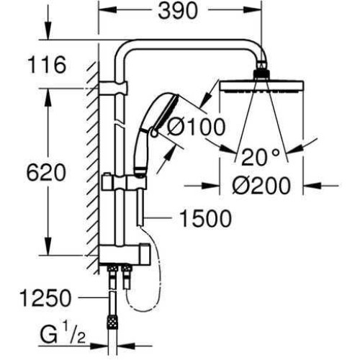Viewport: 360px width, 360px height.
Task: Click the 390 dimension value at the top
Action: click(178, 11)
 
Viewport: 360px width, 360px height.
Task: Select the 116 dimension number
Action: click(47, 65)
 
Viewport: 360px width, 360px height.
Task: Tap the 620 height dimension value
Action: click(46, 173)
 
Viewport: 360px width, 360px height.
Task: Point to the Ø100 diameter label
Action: click(197, 127)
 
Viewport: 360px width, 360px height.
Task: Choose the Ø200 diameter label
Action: click(261, 186)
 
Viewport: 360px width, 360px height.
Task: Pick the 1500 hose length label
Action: click(205, 218)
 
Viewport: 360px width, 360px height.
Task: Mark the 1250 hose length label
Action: click(45, 298)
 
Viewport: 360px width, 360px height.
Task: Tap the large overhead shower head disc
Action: click(261, 87)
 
